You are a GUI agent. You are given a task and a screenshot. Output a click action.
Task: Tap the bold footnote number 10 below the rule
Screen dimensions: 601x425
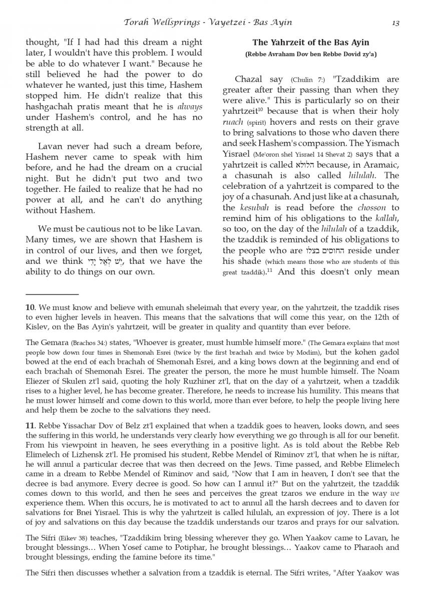[30, 307]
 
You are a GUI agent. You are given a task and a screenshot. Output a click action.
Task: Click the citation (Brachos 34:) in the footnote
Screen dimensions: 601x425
[84, 343]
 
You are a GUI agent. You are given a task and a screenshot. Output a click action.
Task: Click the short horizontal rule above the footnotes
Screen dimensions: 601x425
[52, 294]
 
